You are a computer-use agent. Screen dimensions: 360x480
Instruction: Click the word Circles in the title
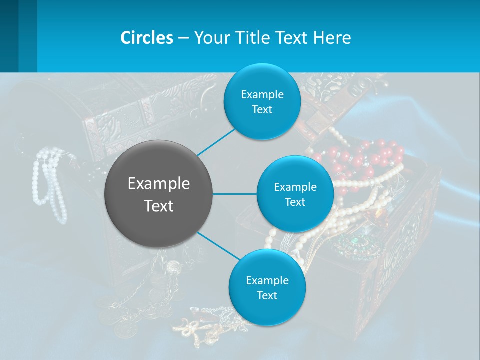147,38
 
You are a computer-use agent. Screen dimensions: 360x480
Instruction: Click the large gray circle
158,194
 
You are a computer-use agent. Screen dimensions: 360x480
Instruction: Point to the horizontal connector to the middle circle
234,194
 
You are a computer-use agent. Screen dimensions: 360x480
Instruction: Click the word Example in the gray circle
158,184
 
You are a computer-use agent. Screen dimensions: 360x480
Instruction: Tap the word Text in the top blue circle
262,110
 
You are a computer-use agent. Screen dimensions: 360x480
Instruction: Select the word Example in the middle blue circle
295,187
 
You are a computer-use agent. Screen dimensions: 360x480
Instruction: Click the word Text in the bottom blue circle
267,296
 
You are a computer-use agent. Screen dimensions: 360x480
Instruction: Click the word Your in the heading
209,38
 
